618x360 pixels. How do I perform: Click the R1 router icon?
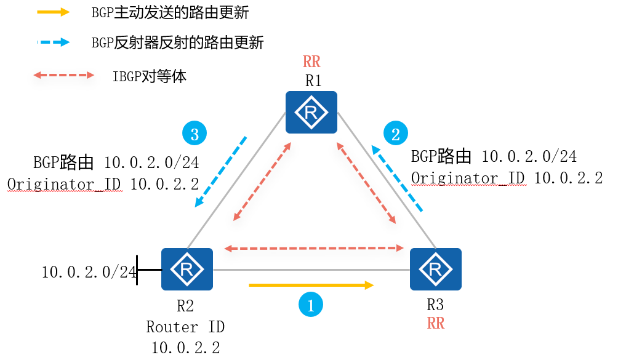tap(311, 112)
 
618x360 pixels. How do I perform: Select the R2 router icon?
tap(187, 269)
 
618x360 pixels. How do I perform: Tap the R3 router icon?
tap(435, 269)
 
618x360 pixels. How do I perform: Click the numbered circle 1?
tap(311, 305)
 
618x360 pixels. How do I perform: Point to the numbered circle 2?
tap(396, 132)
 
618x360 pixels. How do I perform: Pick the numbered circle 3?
tap(195, 134)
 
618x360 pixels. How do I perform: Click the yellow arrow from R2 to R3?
tap(311, 285)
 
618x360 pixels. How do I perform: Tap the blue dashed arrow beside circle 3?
tap(220, 172)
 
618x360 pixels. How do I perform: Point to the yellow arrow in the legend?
tap(53, 12)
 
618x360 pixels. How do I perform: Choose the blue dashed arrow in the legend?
tap(53, 42)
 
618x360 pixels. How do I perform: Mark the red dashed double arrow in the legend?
tap(64, 76)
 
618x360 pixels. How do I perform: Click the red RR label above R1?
tap(311, 62)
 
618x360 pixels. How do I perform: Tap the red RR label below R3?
tap(435, 324)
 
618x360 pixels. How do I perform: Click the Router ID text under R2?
tap(181, 326)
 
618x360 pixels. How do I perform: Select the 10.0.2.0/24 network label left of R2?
tap(89, 272)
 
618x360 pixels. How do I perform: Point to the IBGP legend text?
tap(149, 76)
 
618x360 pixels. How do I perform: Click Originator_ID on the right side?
tap(468, 178)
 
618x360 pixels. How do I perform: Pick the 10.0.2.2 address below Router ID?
tap(185, 348)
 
